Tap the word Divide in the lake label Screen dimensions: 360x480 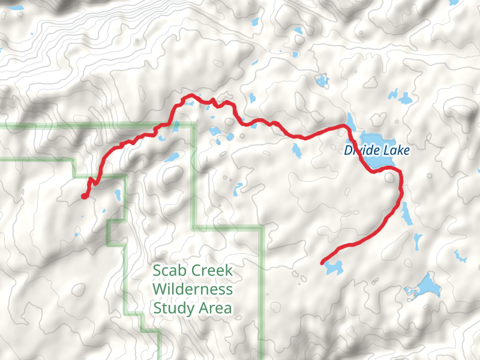click(x=362, y=151)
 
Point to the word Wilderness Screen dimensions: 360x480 click(x=193, y=289)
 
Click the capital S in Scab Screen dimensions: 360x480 click(x=158, y=271)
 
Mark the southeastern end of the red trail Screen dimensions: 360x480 click(x=323, y=262)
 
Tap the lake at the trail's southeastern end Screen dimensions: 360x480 click(x=333, y=268)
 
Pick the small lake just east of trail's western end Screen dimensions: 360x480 click(x=118, y=195)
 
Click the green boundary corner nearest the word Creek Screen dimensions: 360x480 click(x=263, y=228)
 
